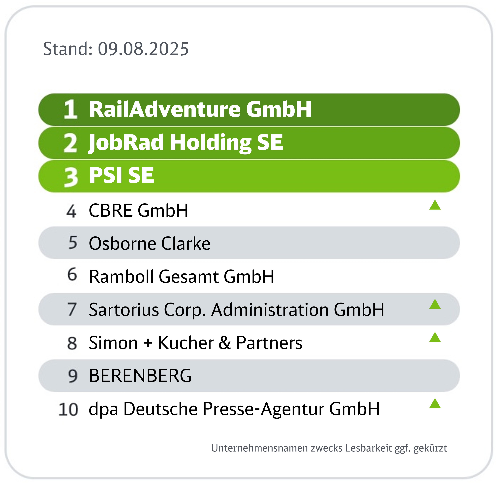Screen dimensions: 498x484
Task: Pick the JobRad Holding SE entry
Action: [x=186, y=143]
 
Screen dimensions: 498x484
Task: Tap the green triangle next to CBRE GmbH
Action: [x=435, y=205]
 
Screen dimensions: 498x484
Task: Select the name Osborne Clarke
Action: [x=150, y=243]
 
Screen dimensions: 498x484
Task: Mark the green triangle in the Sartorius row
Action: [x=435, y=304]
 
